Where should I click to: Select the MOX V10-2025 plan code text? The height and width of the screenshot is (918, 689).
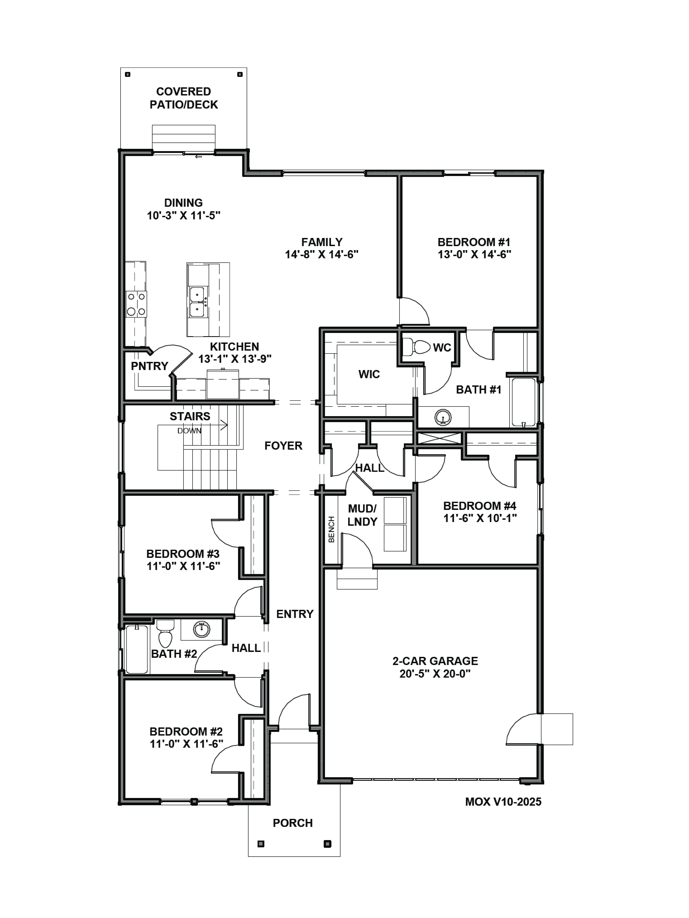(503, 802)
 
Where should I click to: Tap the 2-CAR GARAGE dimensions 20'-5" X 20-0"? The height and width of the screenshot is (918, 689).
(435, 674)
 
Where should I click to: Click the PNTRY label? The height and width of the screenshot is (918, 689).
(149, 366)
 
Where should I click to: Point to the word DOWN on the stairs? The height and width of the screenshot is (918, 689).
(189, 431)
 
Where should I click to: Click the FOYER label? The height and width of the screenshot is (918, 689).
(283, 446)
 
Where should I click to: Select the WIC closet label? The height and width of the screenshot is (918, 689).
(369, 374)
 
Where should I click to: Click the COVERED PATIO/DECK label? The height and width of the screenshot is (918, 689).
(184, 98)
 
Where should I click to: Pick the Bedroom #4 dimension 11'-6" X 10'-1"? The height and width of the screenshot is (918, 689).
(480, 518)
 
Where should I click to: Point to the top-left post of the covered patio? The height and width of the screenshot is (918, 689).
(128, 75)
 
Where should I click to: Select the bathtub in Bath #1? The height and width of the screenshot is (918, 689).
(523, 402)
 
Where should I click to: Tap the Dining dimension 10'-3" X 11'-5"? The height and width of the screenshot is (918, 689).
(184, 215)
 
